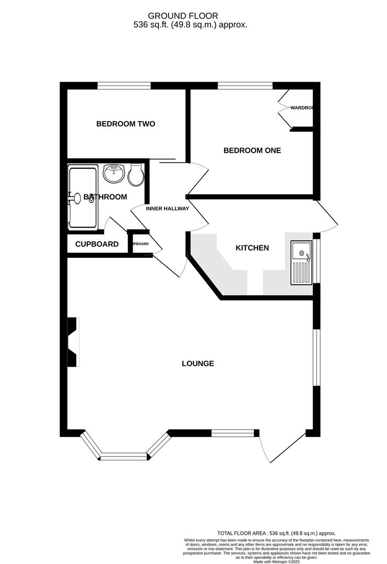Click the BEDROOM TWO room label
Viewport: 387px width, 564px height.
click(125, 124)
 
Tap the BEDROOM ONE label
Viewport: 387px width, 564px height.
click(252, 150)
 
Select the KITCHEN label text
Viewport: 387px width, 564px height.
click(252, 248)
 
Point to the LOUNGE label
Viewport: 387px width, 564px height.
click(198, 363)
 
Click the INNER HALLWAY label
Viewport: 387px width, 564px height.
click(167, 209)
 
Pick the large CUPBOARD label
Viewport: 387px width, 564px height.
click(97, 244)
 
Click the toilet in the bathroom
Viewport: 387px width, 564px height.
click(136, 175)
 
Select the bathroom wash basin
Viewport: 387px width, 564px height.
click(113, 173)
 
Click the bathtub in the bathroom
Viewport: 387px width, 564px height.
click(83, 197)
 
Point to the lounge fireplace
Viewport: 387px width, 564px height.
click(73, 342)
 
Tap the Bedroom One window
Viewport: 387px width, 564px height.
click(245, 85)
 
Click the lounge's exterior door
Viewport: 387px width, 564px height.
click(283, 447)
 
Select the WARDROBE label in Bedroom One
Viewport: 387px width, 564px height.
click(301, 108)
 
